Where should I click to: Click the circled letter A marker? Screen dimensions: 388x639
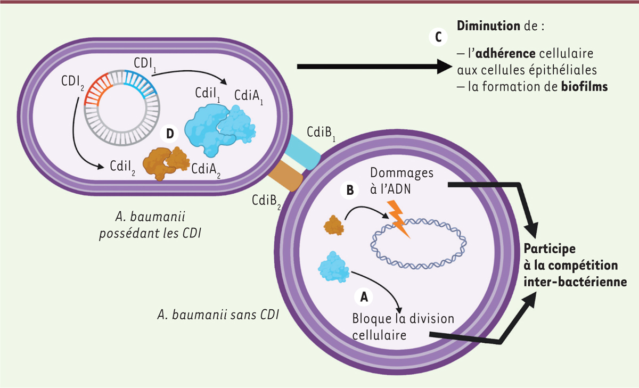[364, 297]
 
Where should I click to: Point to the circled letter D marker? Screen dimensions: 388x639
[170, 134]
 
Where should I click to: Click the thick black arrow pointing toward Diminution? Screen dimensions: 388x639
[373, 67]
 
